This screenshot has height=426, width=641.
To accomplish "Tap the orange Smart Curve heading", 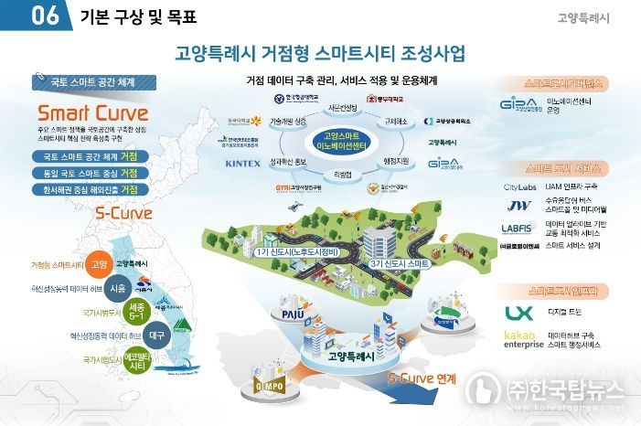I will coord(88,114).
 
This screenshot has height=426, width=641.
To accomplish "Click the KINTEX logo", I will coord(242,164).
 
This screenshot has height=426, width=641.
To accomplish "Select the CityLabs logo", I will coord(519,186).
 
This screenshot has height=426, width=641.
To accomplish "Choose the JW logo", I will coord(518,207).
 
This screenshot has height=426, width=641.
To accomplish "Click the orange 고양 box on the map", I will coord(101,265).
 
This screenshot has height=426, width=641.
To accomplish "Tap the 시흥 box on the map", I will coord(118,288).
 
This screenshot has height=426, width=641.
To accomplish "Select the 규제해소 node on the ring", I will coord(396,120).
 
